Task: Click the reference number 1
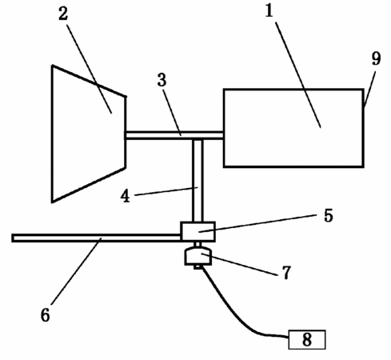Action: point(269,11)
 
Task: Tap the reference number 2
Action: point(63,14)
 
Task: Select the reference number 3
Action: point(162,80)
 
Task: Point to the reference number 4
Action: point(125,197)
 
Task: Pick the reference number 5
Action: point(329,215)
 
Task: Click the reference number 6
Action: point(46,315)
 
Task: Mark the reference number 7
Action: point(286,273)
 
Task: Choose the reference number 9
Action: point(377,58)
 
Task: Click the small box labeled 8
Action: point(307,339)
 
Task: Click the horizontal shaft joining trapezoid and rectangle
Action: point(174,135)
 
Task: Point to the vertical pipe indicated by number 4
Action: point(198,181)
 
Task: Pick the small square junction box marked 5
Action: point(198,231)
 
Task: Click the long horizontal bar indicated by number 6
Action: point(96,238)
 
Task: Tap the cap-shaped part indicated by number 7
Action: point(198,257)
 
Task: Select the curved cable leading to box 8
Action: point(234,310)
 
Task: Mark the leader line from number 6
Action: point(76,271)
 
